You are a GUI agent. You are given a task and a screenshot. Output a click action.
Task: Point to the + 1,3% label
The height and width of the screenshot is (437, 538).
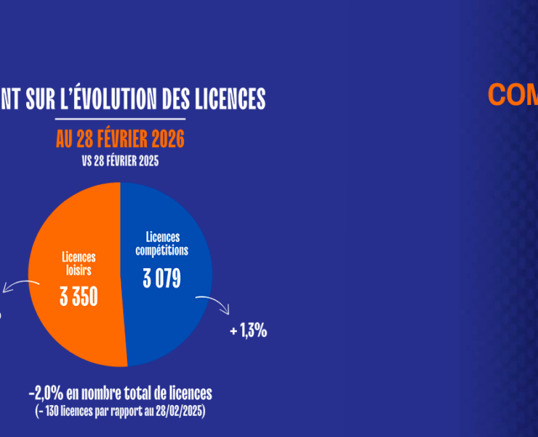click(249, 331)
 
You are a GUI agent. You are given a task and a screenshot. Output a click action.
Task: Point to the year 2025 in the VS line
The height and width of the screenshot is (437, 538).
click(148, 162)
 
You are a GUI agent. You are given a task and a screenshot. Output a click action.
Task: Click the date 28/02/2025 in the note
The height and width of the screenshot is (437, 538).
click(181, 411)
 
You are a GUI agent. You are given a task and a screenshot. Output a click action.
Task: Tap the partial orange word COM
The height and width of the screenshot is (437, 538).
click(513, 95)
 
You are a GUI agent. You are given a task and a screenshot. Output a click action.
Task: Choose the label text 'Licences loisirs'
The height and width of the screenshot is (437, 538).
click(79, 264)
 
